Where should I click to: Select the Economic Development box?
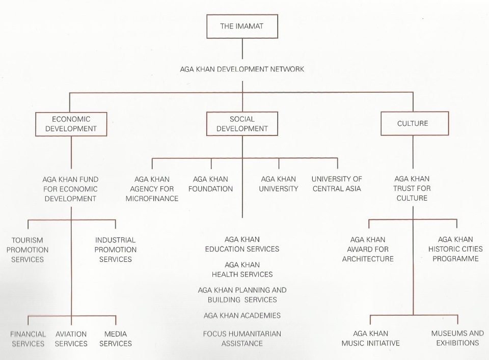pos(71,124)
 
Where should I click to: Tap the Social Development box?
pos(242,124)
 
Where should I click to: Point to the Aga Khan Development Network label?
pos(242,69)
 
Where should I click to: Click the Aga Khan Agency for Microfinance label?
pos(152,189)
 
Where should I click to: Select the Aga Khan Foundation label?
pos(210,184)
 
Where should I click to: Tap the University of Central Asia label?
pos(337,184)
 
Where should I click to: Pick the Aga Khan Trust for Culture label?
pos(412,188)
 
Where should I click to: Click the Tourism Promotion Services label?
pos(28,250)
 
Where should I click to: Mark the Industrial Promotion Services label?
pos(116,250)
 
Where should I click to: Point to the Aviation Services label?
pos(71,339)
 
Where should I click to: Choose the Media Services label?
pos(116,339)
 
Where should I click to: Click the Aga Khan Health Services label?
pos(242,269)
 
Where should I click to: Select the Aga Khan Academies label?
pos(242,316)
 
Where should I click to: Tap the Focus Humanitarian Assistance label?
pos(242,339)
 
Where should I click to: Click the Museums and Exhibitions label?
pos(457,338)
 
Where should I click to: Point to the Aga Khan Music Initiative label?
pos(370,339)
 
